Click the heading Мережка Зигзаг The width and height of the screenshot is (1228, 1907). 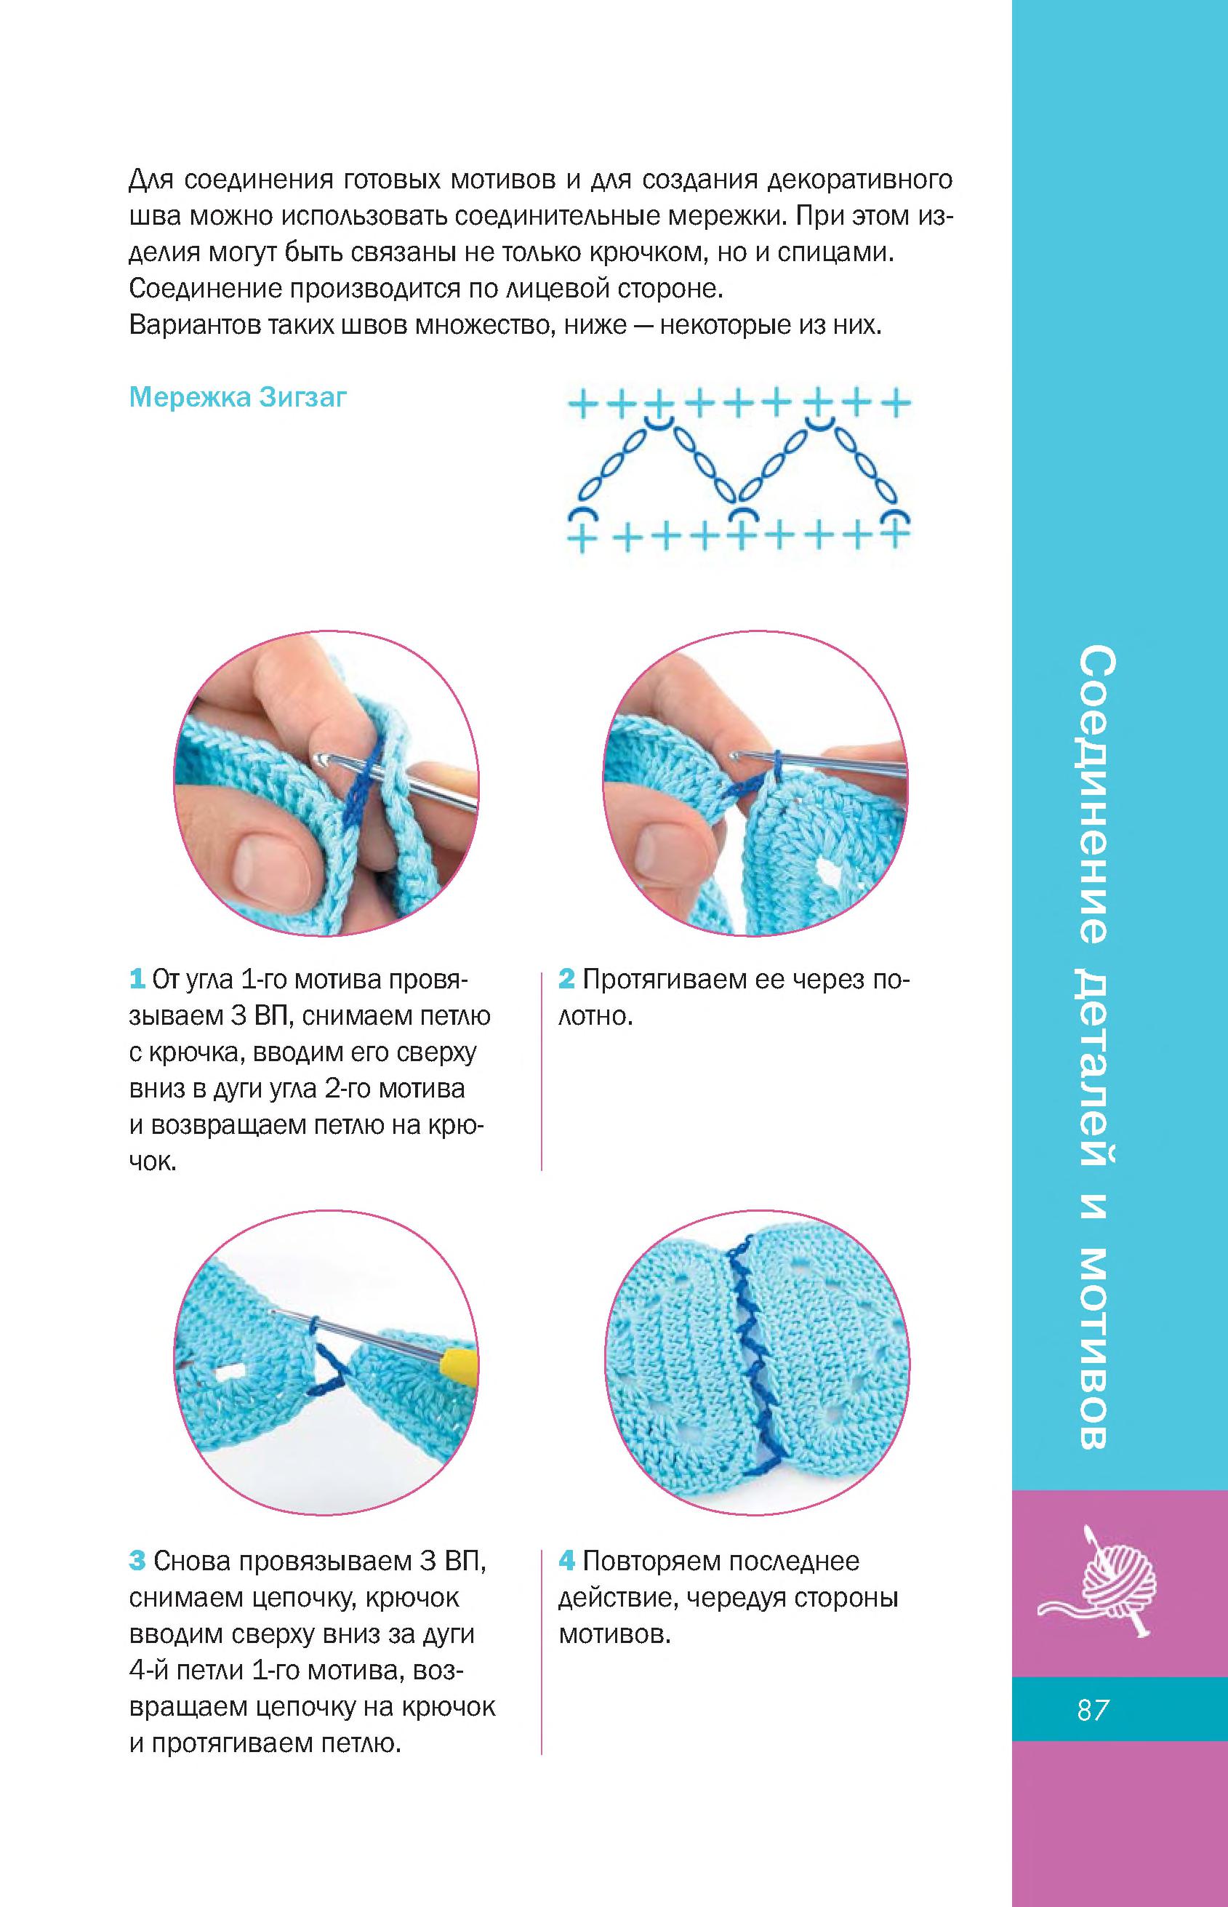[238, 397]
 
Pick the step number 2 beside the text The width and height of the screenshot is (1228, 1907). [566, 979]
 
